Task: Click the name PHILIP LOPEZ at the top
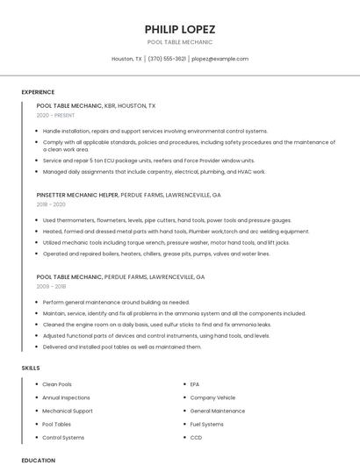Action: tap(179, 29)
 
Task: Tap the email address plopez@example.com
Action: tap(220, 59)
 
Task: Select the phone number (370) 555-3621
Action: tap(167, 59)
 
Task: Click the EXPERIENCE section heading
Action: tap(38, 92)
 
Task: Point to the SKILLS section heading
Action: tap(31, 368)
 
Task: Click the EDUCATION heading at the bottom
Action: tap(39, 460)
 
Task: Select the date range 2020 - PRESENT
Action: tap(55, 116)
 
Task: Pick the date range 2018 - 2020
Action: tap(51, 204)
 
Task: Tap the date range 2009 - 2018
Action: tap(51, 286)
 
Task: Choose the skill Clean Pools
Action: tap(57, 384)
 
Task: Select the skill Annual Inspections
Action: tap(67, 397)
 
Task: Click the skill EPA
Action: tap(195, 384)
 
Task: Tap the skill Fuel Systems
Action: tap(206, 424)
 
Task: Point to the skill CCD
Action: tap(196, 437)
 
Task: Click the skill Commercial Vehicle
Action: tap(212, 397)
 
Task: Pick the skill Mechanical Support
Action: tap(68, 411)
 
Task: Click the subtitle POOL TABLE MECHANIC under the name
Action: tap(179, 42)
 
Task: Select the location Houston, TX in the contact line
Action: tap(126, 59)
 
